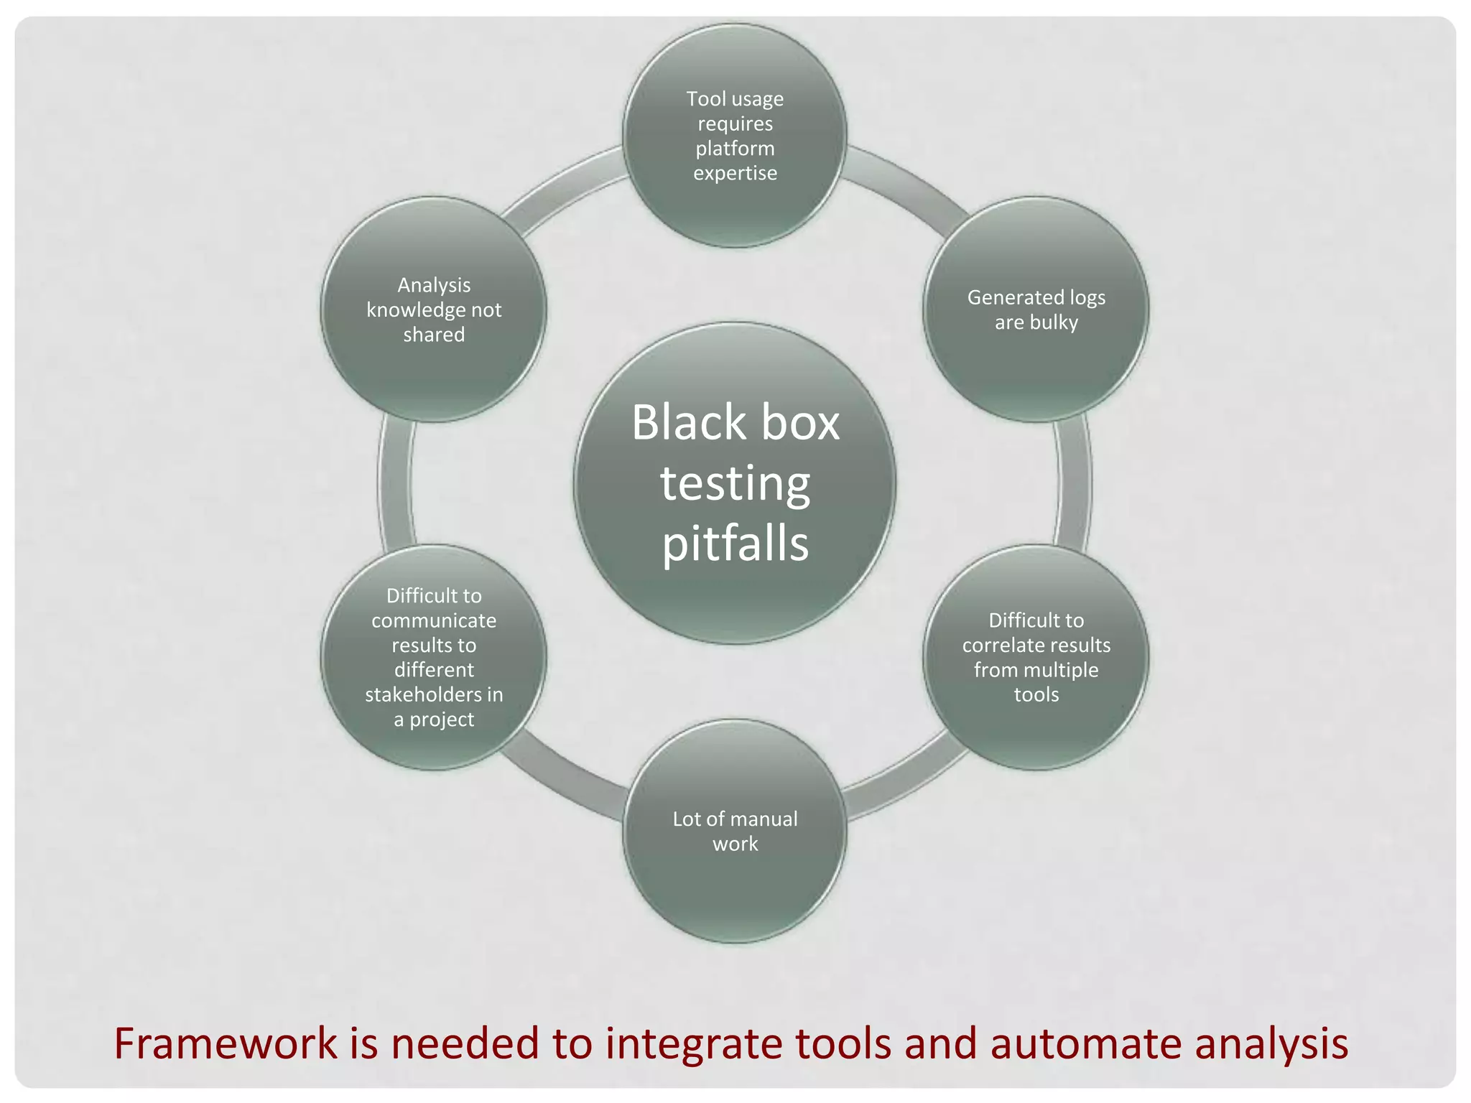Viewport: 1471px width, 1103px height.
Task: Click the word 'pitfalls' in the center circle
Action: [x=735, y=544]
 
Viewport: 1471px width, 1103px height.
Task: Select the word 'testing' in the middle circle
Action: [x=735, y=483]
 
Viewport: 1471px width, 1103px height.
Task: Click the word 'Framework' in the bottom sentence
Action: [x=226, y=1043]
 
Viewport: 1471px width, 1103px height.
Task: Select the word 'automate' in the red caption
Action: [x=1085, y=1043]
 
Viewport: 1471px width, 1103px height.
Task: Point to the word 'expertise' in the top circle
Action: [x=735, y=173]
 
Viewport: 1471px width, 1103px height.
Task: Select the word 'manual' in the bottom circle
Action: [x=764, y=819]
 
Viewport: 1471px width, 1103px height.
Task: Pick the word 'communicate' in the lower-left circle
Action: [x=433, y=620]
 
